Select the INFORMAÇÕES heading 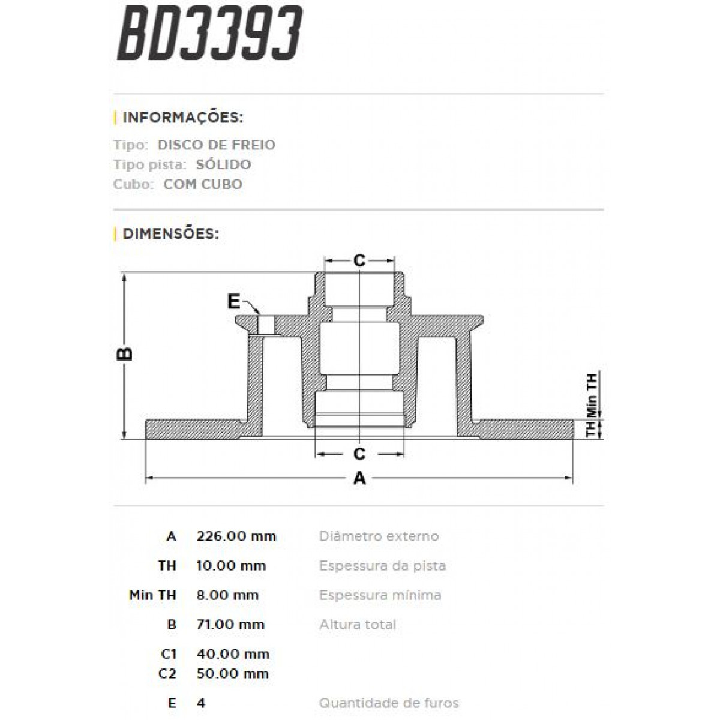(182, 117)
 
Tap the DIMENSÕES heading (170, 233)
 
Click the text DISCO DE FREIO (217, 145)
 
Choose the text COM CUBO (203, 184)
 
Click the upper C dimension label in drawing (359, 260)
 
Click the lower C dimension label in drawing (359, 453)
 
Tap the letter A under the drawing (359, 478)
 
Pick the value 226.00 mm (236, 536)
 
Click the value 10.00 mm (231, 566)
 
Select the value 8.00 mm (227, 595)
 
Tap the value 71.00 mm (230, 625)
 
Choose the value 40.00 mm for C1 (233, 654)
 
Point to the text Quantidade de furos (389, 703)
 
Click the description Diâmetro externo (379, 536)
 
